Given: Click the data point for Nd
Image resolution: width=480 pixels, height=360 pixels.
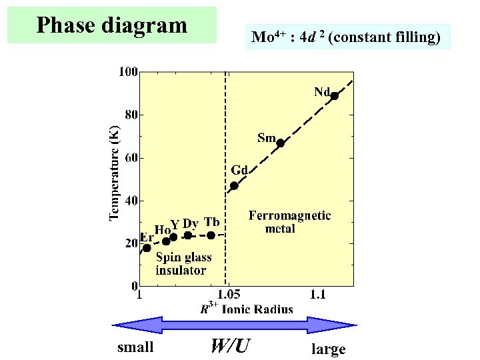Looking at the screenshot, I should tap(335, 96).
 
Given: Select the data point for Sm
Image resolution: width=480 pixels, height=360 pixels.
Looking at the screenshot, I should tap(281, 143).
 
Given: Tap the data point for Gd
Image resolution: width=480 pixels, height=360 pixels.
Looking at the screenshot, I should tap(234, 186).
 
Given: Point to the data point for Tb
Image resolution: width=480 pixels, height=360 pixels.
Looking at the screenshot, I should tap(211, 235).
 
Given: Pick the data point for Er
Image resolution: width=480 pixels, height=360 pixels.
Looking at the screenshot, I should tap(147, 248).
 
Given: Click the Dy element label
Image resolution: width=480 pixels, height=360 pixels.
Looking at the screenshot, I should tap(190, 223).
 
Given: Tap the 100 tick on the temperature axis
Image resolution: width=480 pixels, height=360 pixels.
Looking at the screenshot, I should tap(129, 71).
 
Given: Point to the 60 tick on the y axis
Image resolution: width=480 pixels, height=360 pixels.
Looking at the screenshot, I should tap(131, 158).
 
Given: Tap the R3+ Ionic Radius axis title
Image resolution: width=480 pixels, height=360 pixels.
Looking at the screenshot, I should tap(246, 308).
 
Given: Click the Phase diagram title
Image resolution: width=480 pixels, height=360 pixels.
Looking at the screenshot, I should tap(112, 25).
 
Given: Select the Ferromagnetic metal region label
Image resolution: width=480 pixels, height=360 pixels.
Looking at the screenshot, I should tap(289, 222).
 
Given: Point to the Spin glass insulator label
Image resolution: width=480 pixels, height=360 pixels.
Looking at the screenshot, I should tap(183, 263).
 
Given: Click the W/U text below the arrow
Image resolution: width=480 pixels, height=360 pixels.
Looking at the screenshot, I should tap(230, 346).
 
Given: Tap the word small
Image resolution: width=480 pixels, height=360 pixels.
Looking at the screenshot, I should tap(135, 347).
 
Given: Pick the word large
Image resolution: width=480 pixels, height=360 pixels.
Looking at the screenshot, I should tap(329, 349).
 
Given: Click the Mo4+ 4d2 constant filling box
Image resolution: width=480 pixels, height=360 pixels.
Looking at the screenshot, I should tap(346, 37).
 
